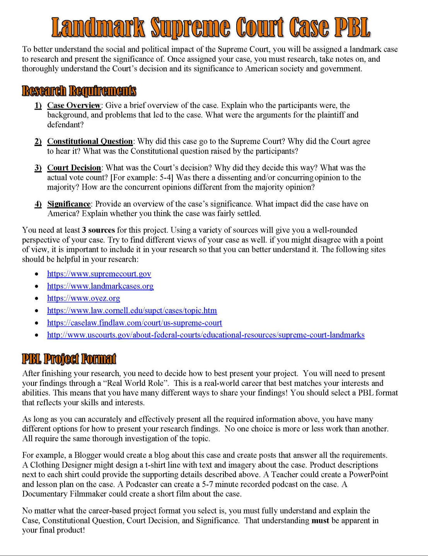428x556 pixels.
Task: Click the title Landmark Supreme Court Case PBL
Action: coord(211,28)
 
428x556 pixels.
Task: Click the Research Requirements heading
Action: coord(79,91)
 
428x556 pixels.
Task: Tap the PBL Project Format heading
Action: coord(69,359)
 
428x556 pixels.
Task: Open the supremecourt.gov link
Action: coord(99,274)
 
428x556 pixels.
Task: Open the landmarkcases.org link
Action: coord(100,286)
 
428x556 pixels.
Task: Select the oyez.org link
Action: coord(84,298)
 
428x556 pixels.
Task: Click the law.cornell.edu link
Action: coord(132,310)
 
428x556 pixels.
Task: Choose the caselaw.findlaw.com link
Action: coord(135,323)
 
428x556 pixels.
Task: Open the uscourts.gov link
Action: coord(206,335)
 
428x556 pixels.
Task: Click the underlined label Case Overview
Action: coord(73,105)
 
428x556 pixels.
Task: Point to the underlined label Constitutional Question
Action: coord(90,141)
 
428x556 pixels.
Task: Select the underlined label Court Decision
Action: coord(74,168)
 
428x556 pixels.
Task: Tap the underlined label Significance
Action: coord(68,204)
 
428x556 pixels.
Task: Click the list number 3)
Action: coord(38,168)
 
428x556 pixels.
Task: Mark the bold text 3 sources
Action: coord(98,230)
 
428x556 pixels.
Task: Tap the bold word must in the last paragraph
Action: coord(320,520)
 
